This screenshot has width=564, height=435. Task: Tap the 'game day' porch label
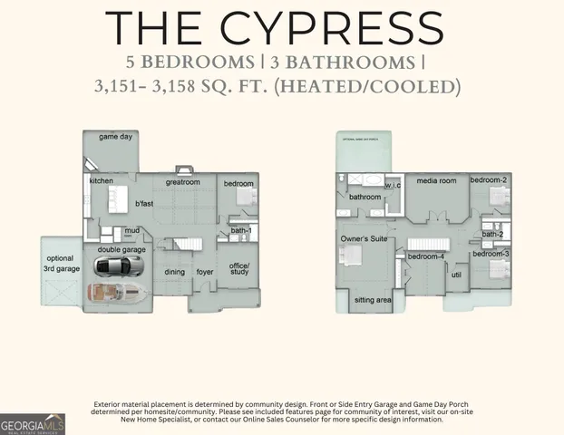[115, 138]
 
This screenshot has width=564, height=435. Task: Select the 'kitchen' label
[102, 181]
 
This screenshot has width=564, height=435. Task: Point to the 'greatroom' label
[182, 182]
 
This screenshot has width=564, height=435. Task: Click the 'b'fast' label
[144, 203]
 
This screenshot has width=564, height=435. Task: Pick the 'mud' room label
[131, 230]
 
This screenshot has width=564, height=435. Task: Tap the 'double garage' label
[121, 249]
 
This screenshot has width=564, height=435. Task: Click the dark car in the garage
[119, 266]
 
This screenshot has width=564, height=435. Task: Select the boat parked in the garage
[117, 293]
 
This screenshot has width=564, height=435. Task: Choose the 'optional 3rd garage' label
[62, 264]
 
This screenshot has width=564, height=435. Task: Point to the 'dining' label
[175, 272]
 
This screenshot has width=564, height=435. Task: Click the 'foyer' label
[205, 272]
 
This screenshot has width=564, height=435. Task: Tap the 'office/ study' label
[239, 269]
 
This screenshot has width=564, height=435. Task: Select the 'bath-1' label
[240, 232]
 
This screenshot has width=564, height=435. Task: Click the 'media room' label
[435, 181]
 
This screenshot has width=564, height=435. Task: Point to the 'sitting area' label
[372, 299]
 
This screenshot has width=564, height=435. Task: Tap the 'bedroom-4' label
[425, 256]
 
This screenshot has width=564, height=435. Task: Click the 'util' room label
[456, 274]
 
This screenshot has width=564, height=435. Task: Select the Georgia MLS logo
[33, 423]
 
